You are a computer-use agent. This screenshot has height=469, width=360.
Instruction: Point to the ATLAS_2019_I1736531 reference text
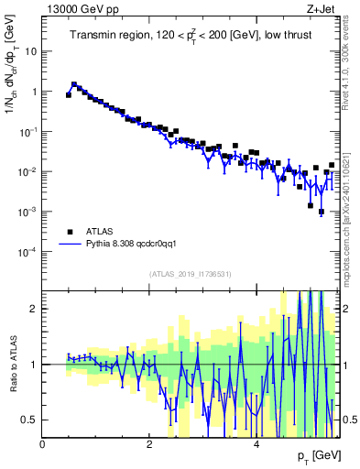(191, 274)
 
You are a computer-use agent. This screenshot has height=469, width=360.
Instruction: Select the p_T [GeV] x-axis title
(318, 455)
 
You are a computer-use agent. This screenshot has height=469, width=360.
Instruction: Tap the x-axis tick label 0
(43, 444)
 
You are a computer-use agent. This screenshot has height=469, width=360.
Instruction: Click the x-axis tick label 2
(149, 444)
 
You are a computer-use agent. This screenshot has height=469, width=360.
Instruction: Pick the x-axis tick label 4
(256, 444)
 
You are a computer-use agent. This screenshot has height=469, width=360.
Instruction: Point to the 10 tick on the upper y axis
(30, 51)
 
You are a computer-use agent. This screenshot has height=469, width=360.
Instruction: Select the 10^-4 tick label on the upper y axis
(27, 252)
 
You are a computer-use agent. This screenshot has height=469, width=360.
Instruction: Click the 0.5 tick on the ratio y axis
(30, 420)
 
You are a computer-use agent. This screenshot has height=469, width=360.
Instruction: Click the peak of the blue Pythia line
(74, 83)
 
